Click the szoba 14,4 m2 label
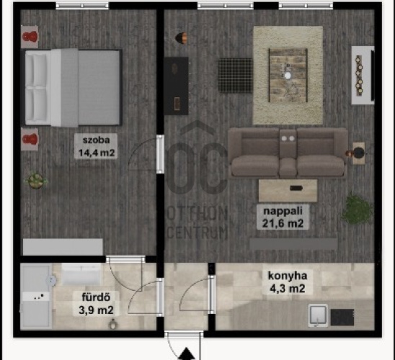click(96, 146)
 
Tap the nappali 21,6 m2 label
click(283, 217)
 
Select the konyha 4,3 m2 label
click(288, 282)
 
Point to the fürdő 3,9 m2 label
click(96, 303)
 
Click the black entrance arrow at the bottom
click(187, 354)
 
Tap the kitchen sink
click(318, 315)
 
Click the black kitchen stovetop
click(342, 318)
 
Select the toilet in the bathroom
click(113, 324)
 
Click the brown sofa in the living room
click(288, 152)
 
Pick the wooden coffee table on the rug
click(288, 75)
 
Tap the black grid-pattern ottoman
click(235, 76)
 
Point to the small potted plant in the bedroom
click(35, 180)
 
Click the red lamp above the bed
click(30, 37)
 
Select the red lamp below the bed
click(30, 140)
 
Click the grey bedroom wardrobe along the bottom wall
click(63, 247)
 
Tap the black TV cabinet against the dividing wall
click(177, 86)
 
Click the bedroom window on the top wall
click(82, 6)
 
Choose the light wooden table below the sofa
click(288, 190)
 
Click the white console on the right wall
click(363, 75)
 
